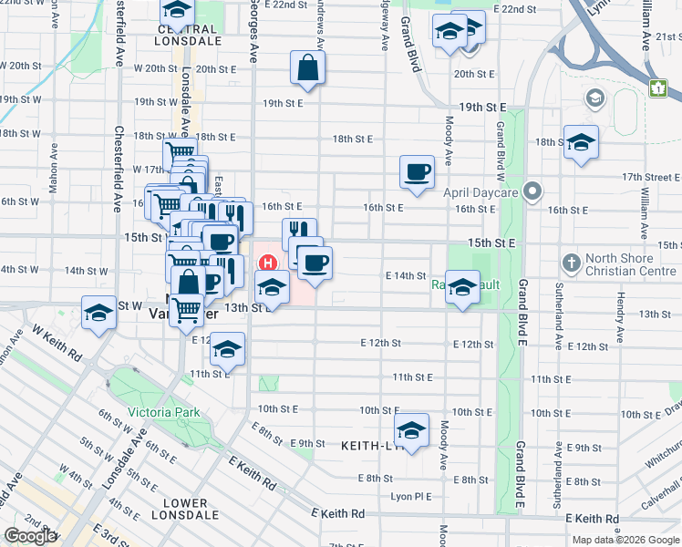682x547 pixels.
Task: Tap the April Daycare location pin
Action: pos(534,191)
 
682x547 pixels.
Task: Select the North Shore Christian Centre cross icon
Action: pos(571,264)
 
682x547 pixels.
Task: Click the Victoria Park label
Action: pos(163,412)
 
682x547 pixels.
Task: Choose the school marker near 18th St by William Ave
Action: pos(581,142)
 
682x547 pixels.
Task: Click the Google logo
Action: pos(30,536)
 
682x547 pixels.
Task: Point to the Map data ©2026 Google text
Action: pos(625,540)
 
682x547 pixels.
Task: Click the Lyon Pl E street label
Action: pos(409,497)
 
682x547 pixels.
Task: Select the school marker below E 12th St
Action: pos(228,351)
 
